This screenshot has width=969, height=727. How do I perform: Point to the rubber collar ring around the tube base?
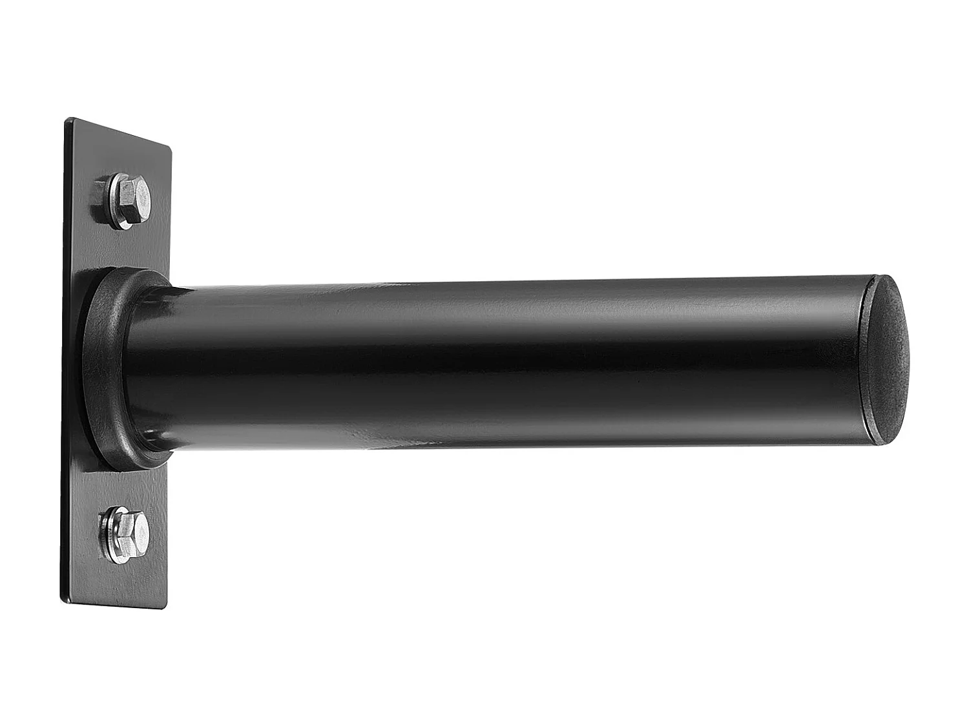[107, 362]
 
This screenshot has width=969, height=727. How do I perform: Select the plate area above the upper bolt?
[129, 155]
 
